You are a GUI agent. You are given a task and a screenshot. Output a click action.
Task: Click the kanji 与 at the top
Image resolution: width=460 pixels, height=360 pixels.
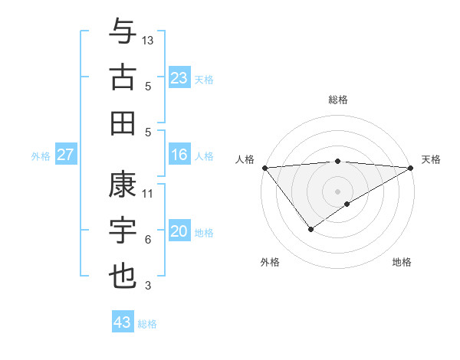click(x=123, y=31)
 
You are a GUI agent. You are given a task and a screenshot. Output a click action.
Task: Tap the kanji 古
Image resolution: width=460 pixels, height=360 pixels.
click(x=123, y=77)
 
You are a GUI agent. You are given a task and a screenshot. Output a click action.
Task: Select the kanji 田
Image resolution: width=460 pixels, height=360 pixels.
click(x=123, y=123)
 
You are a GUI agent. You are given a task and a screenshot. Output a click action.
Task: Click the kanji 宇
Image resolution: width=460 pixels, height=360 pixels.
click(x=123, y=231)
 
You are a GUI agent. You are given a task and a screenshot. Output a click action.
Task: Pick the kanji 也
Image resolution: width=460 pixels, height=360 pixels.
click(x=123, y=277)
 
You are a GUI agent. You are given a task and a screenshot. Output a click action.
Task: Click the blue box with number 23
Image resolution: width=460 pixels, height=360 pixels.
click(x=179, y=78)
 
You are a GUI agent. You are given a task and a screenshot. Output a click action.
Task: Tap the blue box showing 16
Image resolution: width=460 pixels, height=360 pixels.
click(x=179, y=155)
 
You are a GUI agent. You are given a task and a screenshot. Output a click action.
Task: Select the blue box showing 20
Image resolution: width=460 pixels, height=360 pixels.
click(x=179, y=232)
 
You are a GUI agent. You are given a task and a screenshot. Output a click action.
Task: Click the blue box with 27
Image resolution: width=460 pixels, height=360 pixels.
click(x=66, y=155)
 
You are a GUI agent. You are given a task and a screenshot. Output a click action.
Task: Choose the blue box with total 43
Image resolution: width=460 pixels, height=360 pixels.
click(x=123, y=322)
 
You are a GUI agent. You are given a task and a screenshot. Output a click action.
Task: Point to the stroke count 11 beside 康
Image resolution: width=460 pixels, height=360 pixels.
click(x=148, y=194)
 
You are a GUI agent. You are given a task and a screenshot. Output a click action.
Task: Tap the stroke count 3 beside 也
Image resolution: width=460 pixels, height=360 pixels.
click(x=148, y=286)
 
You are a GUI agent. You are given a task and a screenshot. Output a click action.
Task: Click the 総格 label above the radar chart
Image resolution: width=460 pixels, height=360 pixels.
click(x=338, y=100)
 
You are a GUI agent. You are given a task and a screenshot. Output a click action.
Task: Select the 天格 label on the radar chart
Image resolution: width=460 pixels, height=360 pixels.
click(x=432, y=159)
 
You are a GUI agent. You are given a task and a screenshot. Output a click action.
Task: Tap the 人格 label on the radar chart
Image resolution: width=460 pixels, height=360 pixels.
click(x=245, y=159)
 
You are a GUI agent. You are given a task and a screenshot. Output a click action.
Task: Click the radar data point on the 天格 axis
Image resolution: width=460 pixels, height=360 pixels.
click(x=411, y=168)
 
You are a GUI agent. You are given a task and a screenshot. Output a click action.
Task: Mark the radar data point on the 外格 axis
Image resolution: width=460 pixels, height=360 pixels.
click(x=310, y=229)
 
